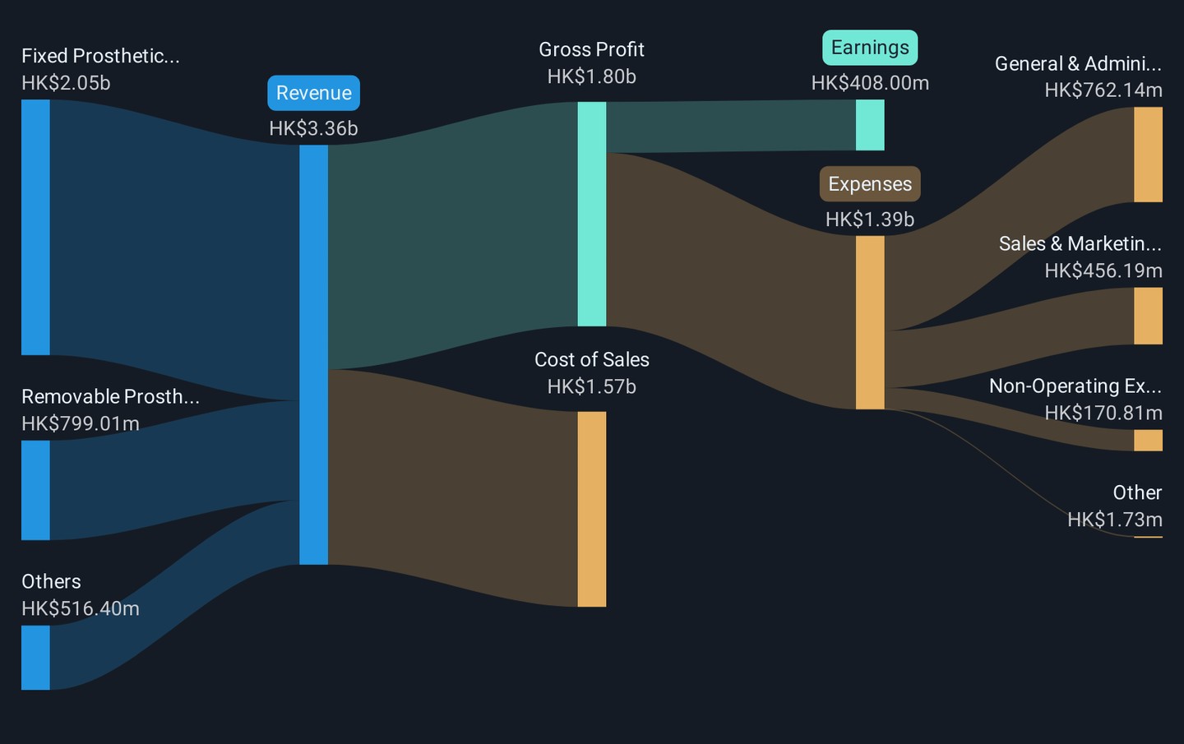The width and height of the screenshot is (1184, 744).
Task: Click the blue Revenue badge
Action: (x=313, y=93)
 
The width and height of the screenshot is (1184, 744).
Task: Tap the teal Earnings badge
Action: (x=870, y=48)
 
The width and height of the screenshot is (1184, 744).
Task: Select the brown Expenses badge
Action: (x=870, y=184)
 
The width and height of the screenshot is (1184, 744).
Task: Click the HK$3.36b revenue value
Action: (x=313, y=128)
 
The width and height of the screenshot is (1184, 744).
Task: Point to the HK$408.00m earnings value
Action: (x=870, y=83)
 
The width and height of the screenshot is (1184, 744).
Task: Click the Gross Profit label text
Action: (x=591, y=49)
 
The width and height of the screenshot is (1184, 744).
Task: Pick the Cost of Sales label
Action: (x=591, y=360)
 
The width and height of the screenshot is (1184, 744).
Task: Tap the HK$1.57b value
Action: (x=591, y=386)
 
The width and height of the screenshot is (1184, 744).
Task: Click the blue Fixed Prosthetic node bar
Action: (x=35, y=227)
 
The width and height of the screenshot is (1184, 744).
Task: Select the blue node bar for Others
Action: (x=35, y=658)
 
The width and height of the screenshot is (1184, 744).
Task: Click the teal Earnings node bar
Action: (x=870, y=125)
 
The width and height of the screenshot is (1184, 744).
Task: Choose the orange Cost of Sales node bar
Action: (x=591, y=510)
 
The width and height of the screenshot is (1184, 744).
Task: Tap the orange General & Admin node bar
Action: (x=1148, y=155)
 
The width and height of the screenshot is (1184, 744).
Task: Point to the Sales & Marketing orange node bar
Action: (x=1148, y=316)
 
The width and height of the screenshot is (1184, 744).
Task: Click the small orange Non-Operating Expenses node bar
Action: (x=1148, y=440)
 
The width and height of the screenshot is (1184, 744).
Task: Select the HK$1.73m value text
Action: (x=1115, y=520)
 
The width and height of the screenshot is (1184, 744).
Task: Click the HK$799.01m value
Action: (x=81, y=423)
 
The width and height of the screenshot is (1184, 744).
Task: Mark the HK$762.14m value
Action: (x=1103, y=90)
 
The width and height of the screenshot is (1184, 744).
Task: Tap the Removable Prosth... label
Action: (x=110, y=397)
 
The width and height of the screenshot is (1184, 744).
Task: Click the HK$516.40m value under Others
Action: (x=81, y=608)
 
